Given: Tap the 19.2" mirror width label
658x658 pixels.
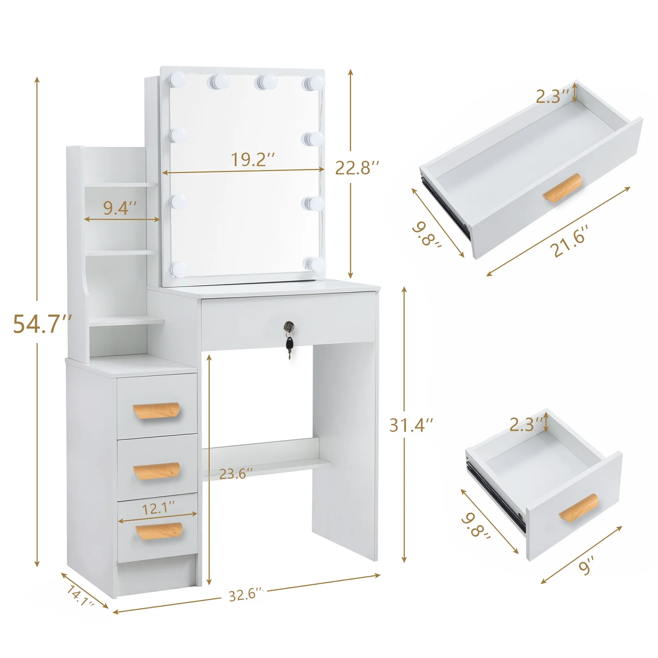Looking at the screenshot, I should click(x=252, y=160).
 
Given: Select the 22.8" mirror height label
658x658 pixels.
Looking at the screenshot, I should click(x=357, y=168).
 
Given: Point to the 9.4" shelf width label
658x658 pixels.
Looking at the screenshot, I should click(x=119, y=208).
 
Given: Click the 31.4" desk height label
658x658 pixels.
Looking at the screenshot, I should click(x=411, y=425).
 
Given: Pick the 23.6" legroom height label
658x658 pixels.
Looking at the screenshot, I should click(x=235, y=474).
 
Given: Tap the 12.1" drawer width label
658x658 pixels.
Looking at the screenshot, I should click(x=158, y=509).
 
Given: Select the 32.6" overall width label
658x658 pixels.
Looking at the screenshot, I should click(x=245, y=595).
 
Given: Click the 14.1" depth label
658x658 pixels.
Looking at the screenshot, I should click(x=80, y=596).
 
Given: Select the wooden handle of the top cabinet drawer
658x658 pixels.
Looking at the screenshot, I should click(x=156, y=410).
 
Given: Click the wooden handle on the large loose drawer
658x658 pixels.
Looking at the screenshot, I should click(x=562, y=188).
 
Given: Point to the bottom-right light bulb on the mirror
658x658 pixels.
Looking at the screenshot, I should click(x=315, y=263).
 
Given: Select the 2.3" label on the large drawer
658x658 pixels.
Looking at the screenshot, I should click(x=553, y=97).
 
